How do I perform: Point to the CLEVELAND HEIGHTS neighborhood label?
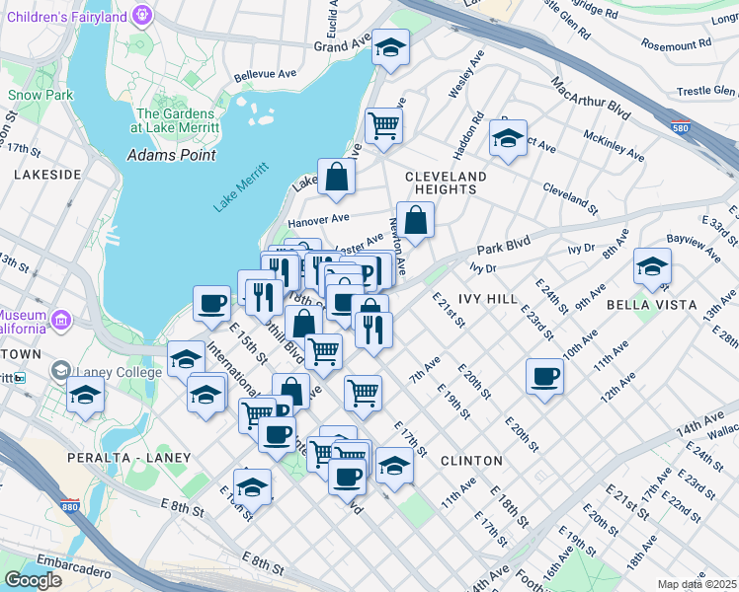tap(447, 185)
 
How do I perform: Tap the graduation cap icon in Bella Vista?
tap(652, 265)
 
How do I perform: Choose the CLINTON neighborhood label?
tap(471, 461)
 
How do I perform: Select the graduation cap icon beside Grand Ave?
tap(390, 46)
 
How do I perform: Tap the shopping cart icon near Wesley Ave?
tap(383, 124)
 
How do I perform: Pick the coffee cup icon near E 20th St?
tap(544, 377)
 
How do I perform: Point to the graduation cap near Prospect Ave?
tap(508, 138)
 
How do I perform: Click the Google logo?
tap(34, 579)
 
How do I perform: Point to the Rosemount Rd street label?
tap(676, 44)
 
